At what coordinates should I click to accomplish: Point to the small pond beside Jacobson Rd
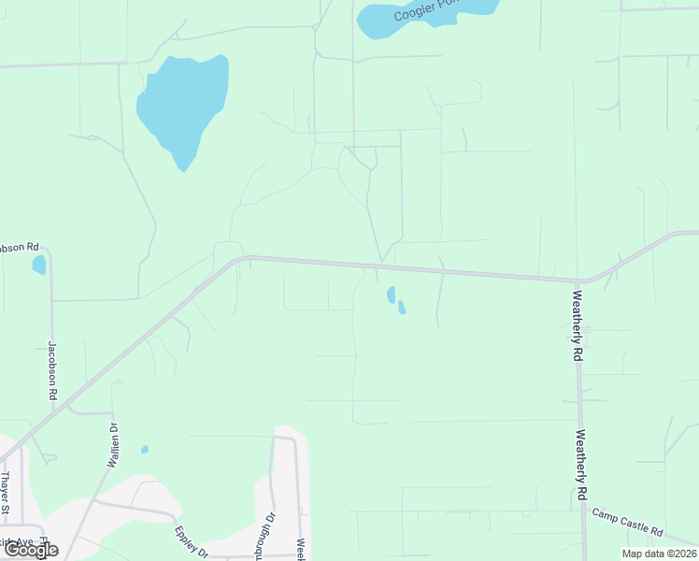[x=38, y=265]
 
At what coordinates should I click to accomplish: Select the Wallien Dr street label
[x=113, y=446]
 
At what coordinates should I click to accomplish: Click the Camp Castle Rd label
[x=628, y=523]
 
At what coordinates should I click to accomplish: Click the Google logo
[x=31, y=550]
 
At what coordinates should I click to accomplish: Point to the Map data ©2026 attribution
[x=658, y=554]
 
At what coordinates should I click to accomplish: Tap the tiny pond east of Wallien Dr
[x=145, y=450]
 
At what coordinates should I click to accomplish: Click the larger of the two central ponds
[x=391, y=295]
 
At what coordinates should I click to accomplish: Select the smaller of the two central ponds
[x=402, y=307]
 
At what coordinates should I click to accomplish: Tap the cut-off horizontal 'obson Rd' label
[x=19, y=248]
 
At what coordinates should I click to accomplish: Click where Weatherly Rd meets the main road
[x=579, y=280]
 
